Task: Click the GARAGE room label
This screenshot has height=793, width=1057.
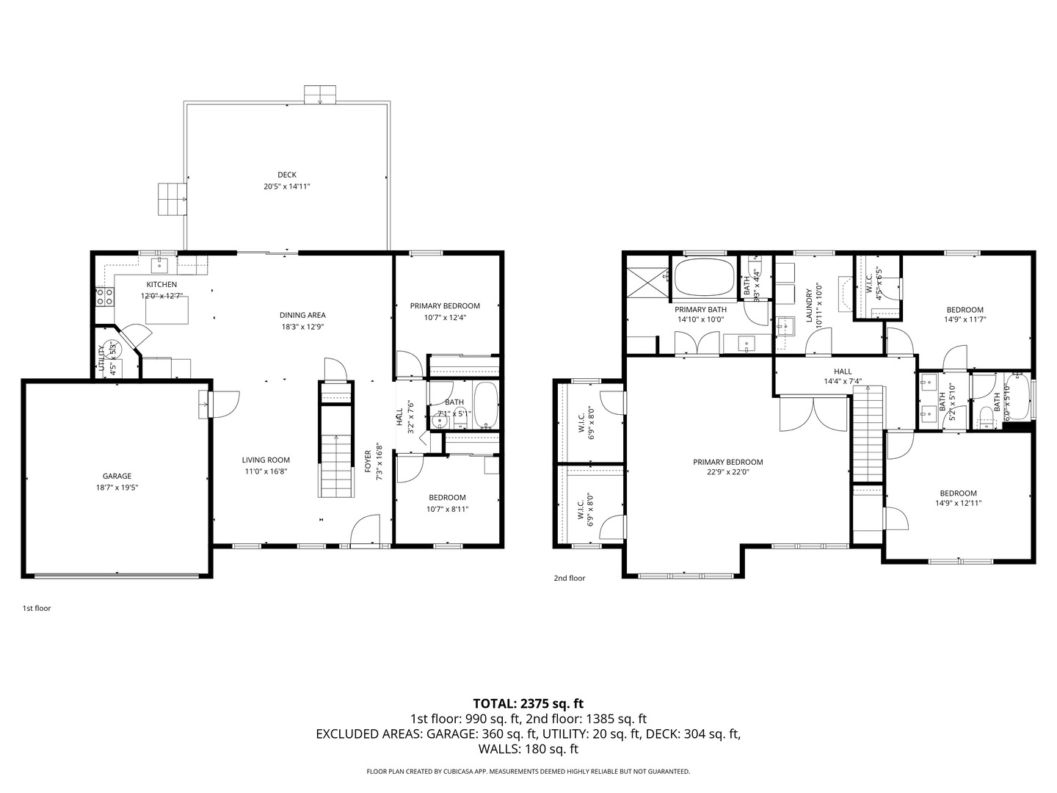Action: pyautogui.click(x=117, y=476)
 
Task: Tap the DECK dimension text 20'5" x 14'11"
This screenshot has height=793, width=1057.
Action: pyautogui.click(x=287, y=187)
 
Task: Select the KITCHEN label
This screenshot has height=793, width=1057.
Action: pyautogui.click(x=161, y=284)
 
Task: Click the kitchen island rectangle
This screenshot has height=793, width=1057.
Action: pyautogui.click(x=167, y=309)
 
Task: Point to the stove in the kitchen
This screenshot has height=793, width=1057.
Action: pyautogui.click(x=105, y=297)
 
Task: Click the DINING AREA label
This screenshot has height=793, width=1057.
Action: pyautogui.click(x=302, y=315)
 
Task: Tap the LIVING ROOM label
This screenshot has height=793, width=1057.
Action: pyautogui.click(x=266, y=460)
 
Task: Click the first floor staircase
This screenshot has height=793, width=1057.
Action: pyautogui.click(x=335, y=463)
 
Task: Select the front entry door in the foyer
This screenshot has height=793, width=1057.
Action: pyautogui.click(x=365, y=532)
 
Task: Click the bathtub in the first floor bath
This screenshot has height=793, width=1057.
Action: pyautogui.click(x=485, y=406)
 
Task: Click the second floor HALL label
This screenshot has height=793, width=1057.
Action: pyautogui.click(x=842, y=372)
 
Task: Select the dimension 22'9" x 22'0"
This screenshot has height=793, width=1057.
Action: pyautogui.click(x=727, y=473)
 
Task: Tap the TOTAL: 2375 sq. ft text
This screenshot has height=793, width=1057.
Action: pyautogui.click(x=528, y=703)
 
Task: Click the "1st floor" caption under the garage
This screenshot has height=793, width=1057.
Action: pyautogui.click(x=37, y=608)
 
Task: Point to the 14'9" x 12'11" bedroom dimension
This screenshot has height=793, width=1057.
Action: pyautogui.click(x=958, y=504)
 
